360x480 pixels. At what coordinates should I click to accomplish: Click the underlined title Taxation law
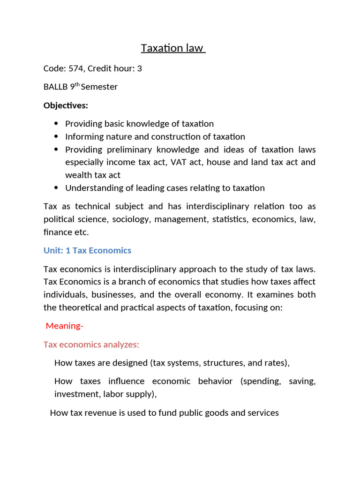coord(173,48)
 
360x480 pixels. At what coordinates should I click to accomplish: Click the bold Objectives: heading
coord(66,105)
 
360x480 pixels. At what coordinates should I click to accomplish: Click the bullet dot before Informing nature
coord(56,137)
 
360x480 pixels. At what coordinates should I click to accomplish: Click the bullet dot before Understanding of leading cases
coord(56,188)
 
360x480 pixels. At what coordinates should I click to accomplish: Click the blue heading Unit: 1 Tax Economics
coord(87,250)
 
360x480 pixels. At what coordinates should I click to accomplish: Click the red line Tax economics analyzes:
coord(91,345)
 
